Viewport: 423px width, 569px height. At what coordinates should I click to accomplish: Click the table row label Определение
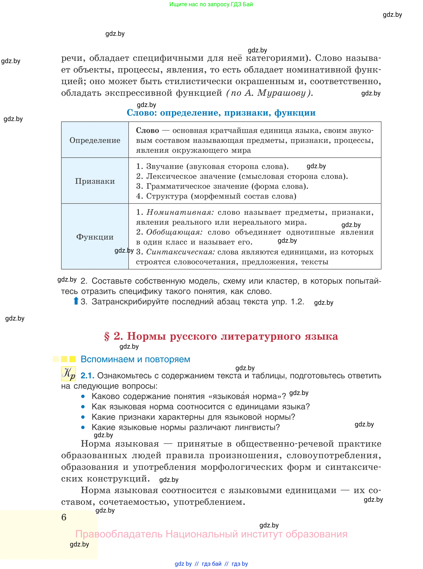tap(95, 140)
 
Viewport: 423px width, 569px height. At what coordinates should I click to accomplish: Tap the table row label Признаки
tap(95, 181)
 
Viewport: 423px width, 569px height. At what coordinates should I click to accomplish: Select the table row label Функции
tap(95, 237)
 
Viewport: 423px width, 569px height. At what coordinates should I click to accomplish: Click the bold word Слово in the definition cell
tap(147, 131)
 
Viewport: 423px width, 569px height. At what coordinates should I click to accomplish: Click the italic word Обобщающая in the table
tap(174, 232)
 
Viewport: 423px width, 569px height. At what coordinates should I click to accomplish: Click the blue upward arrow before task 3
tap(76, 301)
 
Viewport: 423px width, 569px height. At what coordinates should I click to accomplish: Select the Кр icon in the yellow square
tap(68, 374)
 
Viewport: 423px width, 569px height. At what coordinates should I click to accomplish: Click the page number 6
tap(64, 517)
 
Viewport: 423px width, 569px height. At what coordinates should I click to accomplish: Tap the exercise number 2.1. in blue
tap(87, 376)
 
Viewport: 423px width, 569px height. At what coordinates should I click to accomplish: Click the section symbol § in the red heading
tap(107, 336)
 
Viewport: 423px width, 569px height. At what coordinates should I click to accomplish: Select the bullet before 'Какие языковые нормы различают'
tap(83, 427)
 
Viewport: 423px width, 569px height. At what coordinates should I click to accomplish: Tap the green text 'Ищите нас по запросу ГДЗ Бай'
tap(211, 4)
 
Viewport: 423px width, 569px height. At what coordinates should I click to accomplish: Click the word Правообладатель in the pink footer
tap(119, 534)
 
